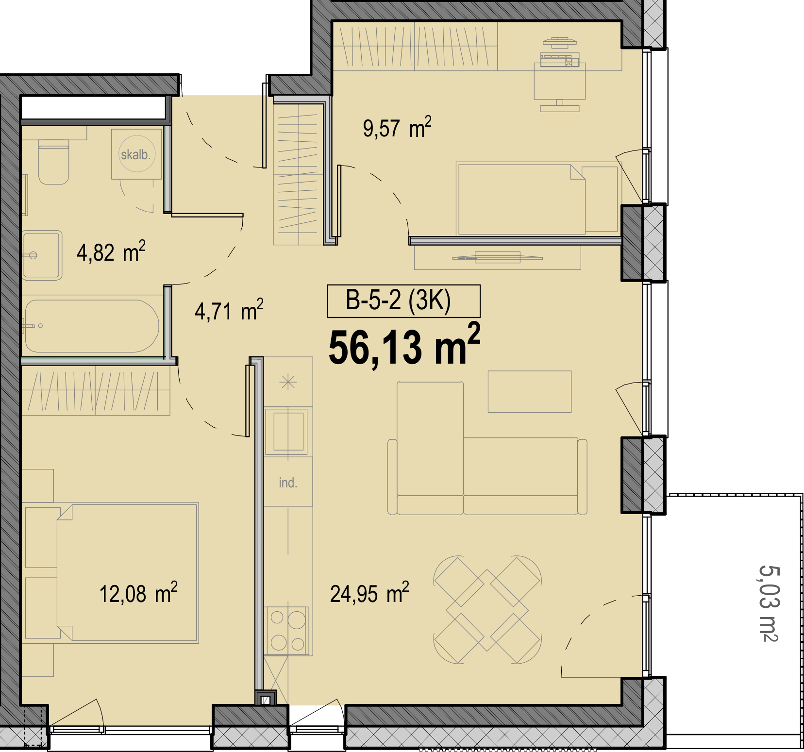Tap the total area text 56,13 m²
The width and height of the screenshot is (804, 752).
(x=404, y=346)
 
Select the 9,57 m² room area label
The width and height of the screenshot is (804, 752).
(x=397, y=128)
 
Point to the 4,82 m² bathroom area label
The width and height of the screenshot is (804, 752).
(x=111, y=251)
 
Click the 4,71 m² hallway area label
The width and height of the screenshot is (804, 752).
(x=229, y=310)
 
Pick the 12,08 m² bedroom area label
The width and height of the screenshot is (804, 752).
(x=138, y=593)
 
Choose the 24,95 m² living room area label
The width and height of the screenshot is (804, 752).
(x=369, y=593)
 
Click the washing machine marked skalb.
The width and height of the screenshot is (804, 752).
(x=136, y=154)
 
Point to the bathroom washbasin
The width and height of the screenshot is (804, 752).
(x=42, y=255)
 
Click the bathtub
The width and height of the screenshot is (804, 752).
(x=91, y=326)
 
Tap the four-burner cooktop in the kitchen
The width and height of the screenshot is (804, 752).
(x=287, y=630)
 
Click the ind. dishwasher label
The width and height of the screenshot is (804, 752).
(x=288, y=483)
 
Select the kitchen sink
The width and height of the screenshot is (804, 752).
(x=288, y=431)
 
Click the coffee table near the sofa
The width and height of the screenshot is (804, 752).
(x=530, y=391)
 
